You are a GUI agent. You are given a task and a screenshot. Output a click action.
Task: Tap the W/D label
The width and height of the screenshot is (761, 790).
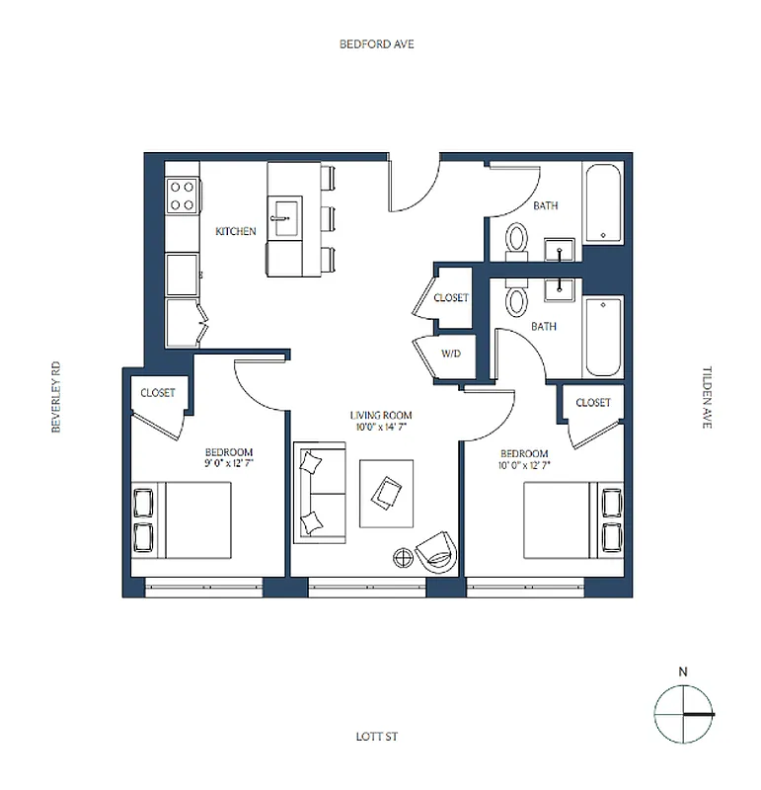point(450,353)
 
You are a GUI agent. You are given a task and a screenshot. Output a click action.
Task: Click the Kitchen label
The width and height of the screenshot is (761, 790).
point(236,232)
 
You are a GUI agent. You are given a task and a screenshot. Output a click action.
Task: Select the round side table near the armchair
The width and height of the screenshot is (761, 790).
point(405,558)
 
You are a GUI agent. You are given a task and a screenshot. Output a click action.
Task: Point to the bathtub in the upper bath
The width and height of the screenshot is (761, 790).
point(602,204)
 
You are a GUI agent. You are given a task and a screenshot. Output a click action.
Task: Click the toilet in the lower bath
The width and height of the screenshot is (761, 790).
point(516,300)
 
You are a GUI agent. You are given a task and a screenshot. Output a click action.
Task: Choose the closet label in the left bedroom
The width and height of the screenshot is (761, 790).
point(158,393)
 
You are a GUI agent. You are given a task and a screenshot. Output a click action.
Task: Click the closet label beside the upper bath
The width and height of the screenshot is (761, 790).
point(450,297)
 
